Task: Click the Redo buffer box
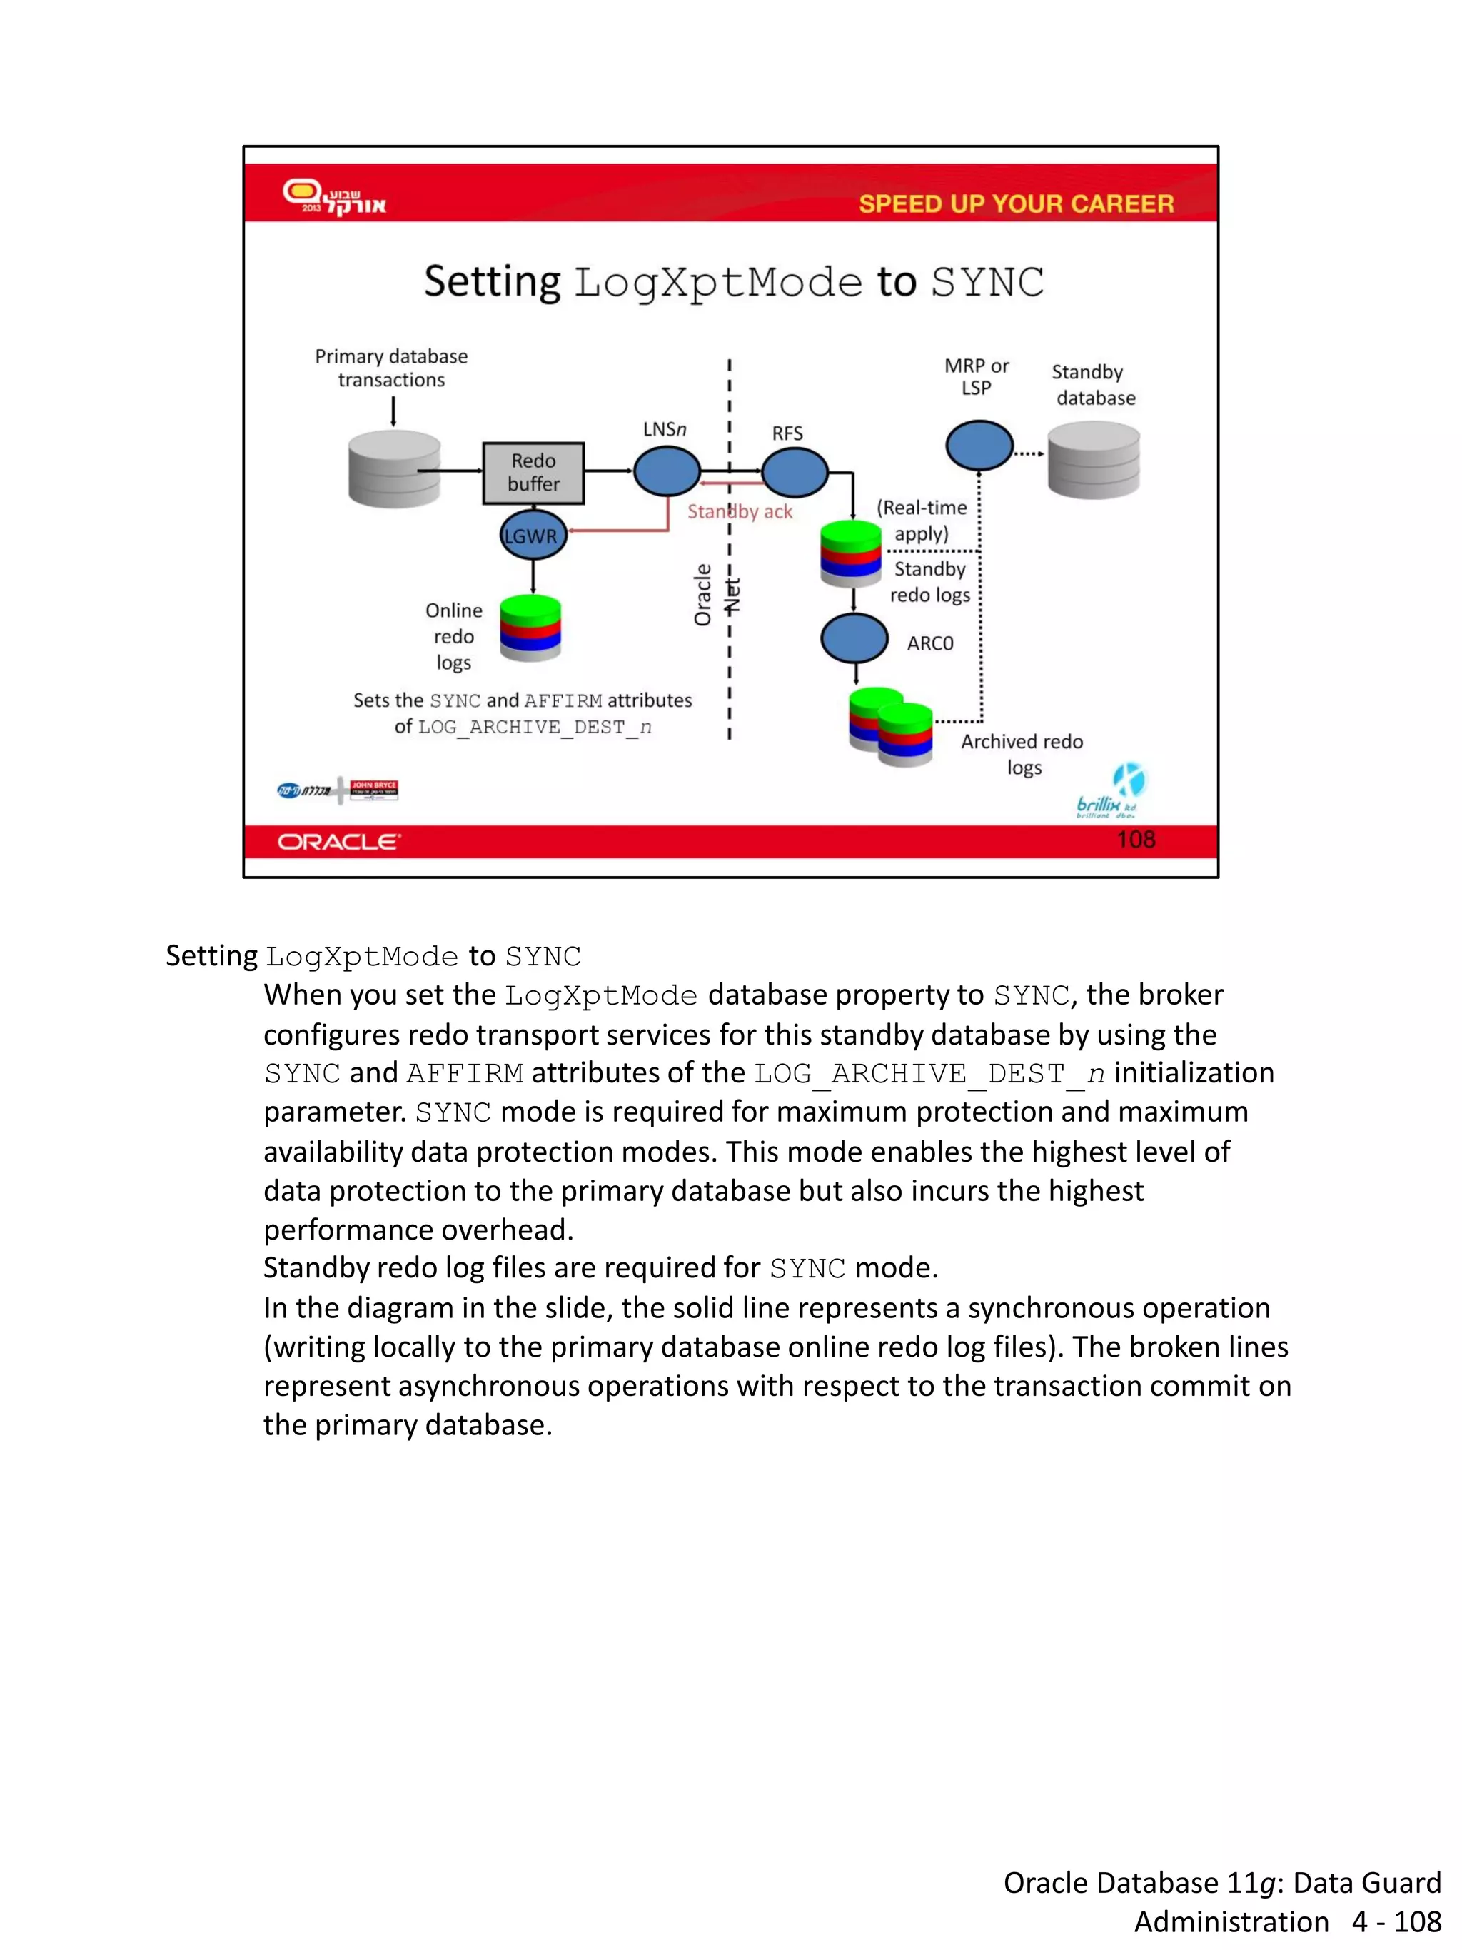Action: click(533, 473)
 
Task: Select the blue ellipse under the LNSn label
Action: click(667, 471)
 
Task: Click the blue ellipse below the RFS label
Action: click(794, 472)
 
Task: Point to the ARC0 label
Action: click(929, 643)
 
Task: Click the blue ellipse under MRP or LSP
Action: click(979, 445)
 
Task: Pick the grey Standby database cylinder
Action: click(1094, 459)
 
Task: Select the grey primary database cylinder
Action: click(394, 470)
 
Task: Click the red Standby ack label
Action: click(740, 512)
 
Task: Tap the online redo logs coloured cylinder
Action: click(530, 628)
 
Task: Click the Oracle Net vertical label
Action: click(715, 595)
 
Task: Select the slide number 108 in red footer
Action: click(1135, 839)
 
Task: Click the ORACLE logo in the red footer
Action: click(339, 842)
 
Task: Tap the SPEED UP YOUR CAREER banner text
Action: click(1016, 203)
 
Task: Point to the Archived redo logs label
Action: click(1022, 754)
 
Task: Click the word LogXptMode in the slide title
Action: click(718, 283)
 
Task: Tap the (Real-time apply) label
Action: click(921, 520)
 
